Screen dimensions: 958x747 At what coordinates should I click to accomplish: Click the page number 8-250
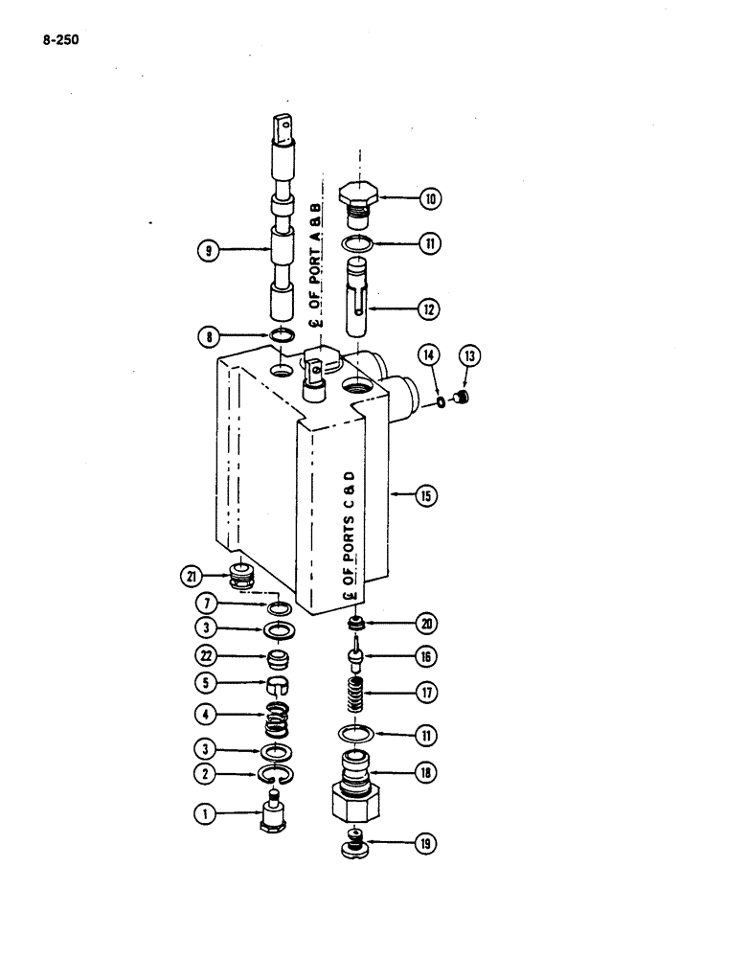[x=59, y=42]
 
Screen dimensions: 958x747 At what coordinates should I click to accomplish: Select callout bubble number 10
[x=432, y=199]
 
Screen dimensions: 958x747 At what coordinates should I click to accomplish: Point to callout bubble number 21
[x=195, y=576]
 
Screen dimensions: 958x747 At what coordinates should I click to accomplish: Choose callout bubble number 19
[x=425, y=845]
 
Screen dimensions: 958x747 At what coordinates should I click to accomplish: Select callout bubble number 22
[x=203, y=656]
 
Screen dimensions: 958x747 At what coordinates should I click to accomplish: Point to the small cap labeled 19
[x=355, y=847]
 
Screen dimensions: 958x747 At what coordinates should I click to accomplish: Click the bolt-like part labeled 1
[x=275, y=814]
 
